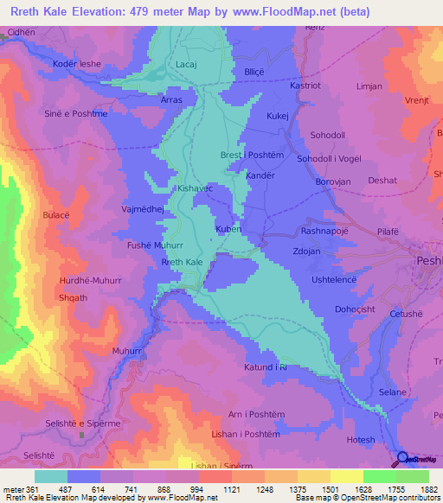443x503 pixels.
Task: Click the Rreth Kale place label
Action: (183, 262)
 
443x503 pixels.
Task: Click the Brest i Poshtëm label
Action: (253, 155)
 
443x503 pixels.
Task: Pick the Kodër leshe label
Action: (77, 65)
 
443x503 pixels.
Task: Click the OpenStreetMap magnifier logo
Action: (403, 457)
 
